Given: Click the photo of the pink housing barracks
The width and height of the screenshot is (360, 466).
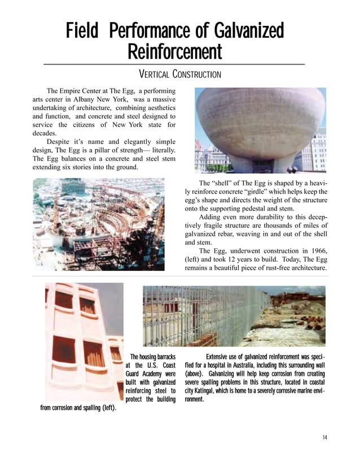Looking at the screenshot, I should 84,341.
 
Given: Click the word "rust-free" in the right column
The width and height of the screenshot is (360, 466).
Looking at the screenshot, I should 263,267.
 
